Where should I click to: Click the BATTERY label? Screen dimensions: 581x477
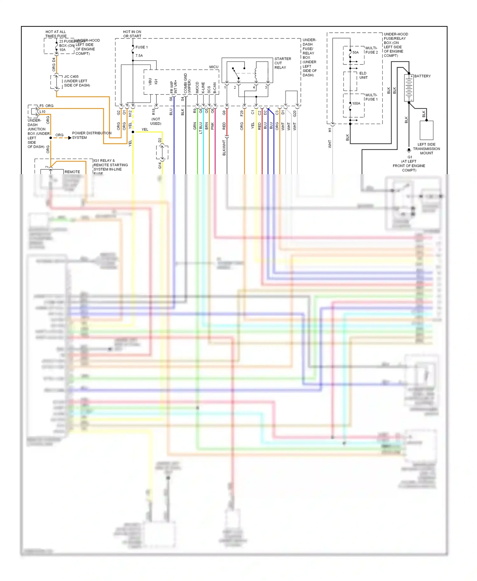(422, 76)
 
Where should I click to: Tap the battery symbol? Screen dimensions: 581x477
(409, 88)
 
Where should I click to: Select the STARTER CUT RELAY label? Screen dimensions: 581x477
(282, 63)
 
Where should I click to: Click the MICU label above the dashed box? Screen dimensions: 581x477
(214, 67)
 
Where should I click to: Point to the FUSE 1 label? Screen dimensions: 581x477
(142, 47)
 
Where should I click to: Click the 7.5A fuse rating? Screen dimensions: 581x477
(139, 56)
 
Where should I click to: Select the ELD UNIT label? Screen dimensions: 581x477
(363, 75)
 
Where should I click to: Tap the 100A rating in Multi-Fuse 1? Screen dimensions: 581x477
(356, 104)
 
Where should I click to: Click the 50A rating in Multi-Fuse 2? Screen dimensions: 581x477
(356, 52)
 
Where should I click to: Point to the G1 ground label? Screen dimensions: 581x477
(410, 157)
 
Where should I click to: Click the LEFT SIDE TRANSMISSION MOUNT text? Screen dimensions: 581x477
(426, 149)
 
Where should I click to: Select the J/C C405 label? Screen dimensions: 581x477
(71, 77)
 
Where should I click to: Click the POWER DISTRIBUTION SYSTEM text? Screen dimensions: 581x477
(92, 135)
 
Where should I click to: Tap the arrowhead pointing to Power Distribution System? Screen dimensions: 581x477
(70, 138)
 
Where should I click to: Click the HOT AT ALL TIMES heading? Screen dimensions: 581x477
(56, 34)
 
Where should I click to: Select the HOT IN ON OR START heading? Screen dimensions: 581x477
(132, 34)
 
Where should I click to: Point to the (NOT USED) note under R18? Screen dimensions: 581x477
(156, 121)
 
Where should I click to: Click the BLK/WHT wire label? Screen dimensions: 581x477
(224, 148)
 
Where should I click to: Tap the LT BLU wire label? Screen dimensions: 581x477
(201, 127)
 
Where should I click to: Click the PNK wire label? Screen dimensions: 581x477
(212, 126)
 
